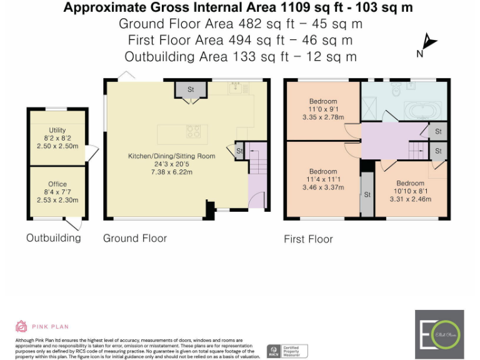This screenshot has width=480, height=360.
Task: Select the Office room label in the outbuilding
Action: coord(57,184)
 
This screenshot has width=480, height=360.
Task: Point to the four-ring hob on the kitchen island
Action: coord(193,131)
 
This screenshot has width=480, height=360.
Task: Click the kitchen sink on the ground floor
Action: coord(236,88)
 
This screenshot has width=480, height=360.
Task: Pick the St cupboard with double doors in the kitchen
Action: coord(191,89)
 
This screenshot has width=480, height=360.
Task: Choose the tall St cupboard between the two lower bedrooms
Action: coord(367,194)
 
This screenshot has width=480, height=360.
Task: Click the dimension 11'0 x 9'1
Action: coord(323,109)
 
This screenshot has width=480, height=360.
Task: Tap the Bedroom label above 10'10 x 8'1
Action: coord(410,183)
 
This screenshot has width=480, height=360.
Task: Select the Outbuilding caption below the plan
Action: coord(53,238)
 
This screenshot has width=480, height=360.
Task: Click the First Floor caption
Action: coord(308,239)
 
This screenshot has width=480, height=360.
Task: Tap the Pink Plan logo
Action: coord(42,326)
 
